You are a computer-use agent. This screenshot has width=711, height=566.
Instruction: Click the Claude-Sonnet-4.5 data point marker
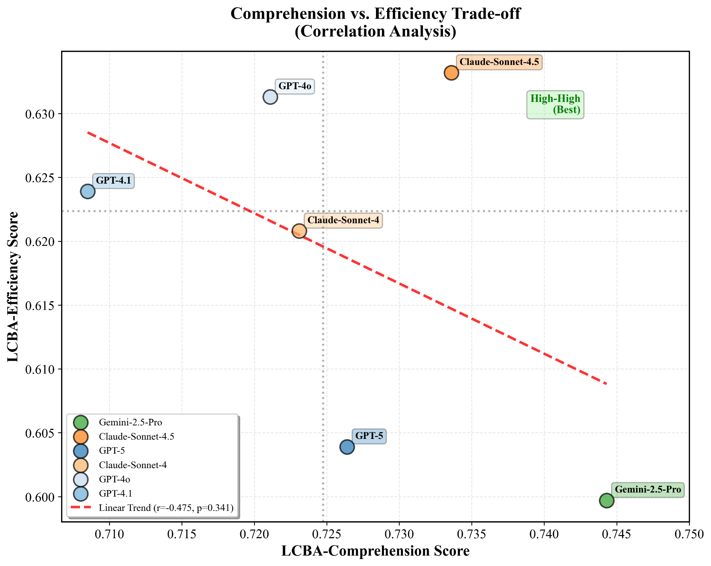[451, 73]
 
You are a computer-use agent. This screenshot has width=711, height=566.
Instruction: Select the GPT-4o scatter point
[270, 97]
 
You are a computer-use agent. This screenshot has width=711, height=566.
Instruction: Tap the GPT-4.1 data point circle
[88, 191]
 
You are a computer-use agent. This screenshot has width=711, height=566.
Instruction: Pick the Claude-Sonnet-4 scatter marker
[299, 231]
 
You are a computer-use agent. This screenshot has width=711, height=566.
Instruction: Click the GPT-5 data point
[347, 447]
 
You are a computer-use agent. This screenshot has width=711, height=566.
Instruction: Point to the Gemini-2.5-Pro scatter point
[607, 500]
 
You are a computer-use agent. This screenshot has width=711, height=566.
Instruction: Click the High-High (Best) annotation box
[555, 105]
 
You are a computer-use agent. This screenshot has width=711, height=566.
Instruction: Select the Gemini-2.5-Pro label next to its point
[648, 490]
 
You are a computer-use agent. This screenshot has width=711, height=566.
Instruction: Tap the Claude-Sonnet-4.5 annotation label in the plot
[499, 62]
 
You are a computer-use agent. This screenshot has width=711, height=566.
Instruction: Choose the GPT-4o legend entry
[114, 479]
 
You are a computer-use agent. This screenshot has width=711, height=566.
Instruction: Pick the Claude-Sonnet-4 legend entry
[133, 465]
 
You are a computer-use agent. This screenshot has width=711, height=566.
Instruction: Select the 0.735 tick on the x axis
[472, 534]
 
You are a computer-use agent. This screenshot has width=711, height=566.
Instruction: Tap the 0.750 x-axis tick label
[689, 534]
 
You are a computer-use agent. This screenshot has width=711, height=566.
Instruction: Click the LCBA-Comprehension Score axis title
[375, 551]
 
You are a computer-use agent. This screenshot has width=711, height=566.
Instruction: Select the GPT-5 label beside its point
[369, 436]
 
